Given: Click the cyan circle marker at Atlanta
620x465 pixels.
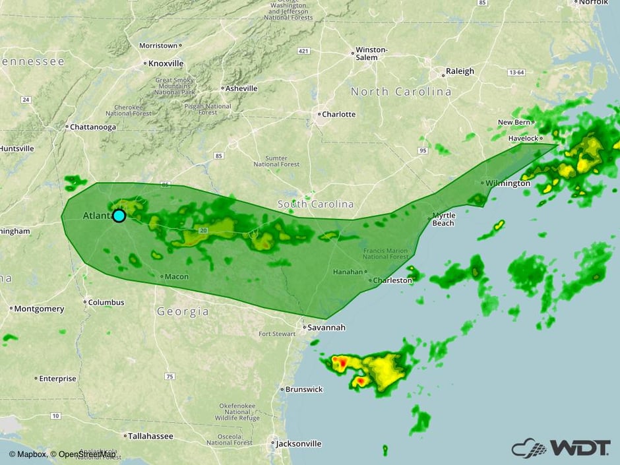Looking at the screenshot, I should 119,216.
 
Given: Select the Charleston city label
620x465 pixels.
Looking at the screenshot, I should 392,280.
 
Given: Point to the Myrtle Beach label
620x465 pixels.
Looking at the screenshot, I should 443,220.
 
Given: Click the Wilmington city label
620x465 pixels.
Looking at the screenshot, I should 507,183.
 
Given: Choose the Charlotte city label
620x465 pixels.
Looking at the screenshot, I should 338,114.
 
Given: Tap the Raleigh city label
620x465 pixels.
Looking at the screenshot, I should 460,71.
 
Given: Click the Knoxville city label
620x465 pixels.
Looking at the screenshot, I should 166,63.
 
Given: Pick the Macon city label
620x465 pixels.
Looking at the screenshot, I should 176,276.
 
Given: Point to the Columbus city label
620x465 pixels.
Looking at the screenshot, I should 106,302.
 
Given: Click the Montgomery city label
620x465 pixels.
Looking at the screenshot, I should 40,309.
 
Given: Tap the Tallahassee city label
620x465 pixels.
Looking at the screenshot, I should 151,436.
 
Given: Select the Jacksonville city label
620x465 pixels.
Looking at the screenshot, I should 298,444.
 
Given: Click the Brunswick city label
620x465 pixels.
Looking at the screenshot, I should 304,389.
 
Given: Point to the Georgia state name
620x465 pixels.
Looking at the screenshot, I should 183,311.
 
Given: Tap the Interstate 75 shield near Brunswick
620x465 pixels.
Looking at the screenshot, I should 170,376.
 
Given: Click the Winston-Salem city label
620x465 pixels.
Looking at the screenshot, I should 371,53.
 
